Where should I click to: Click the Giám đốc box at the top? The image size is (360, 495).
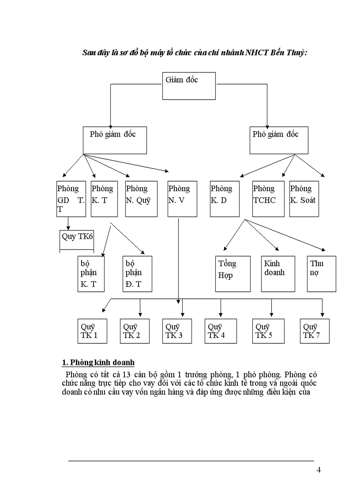click(x=189, y=86)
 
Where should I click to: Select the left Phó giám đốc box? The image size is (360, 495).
click(x=115, y=140)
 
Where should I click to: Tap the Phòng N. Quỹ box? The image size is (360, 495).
click(x=141, y=199)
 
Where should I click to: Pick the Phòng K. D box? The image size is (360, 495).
click(x=225, y=199)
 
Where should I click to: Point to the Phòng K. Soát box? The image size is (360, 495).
click(x=304, y=199)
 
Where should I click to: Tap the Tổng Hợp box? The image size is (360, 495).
click(x=233, y=274)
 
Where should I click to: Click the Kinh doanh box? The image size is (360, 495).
click(x=278, y=274)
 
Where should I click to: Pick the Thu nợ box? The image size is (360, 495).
click(x=321, y=274)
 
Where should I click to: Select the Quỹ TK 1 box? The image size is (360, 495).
click(x=91, y=331)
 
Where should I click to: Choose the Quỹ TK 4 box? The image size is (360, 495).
click(x=220, y=331)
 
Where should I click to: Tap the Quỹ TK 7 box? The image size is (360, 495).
click(x=315, y=331)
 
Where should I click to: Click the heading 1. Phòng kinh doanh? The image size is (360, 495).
click(x=97, y=363)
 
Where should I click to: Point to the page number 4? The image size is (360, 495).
click(x=319, y=469)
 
